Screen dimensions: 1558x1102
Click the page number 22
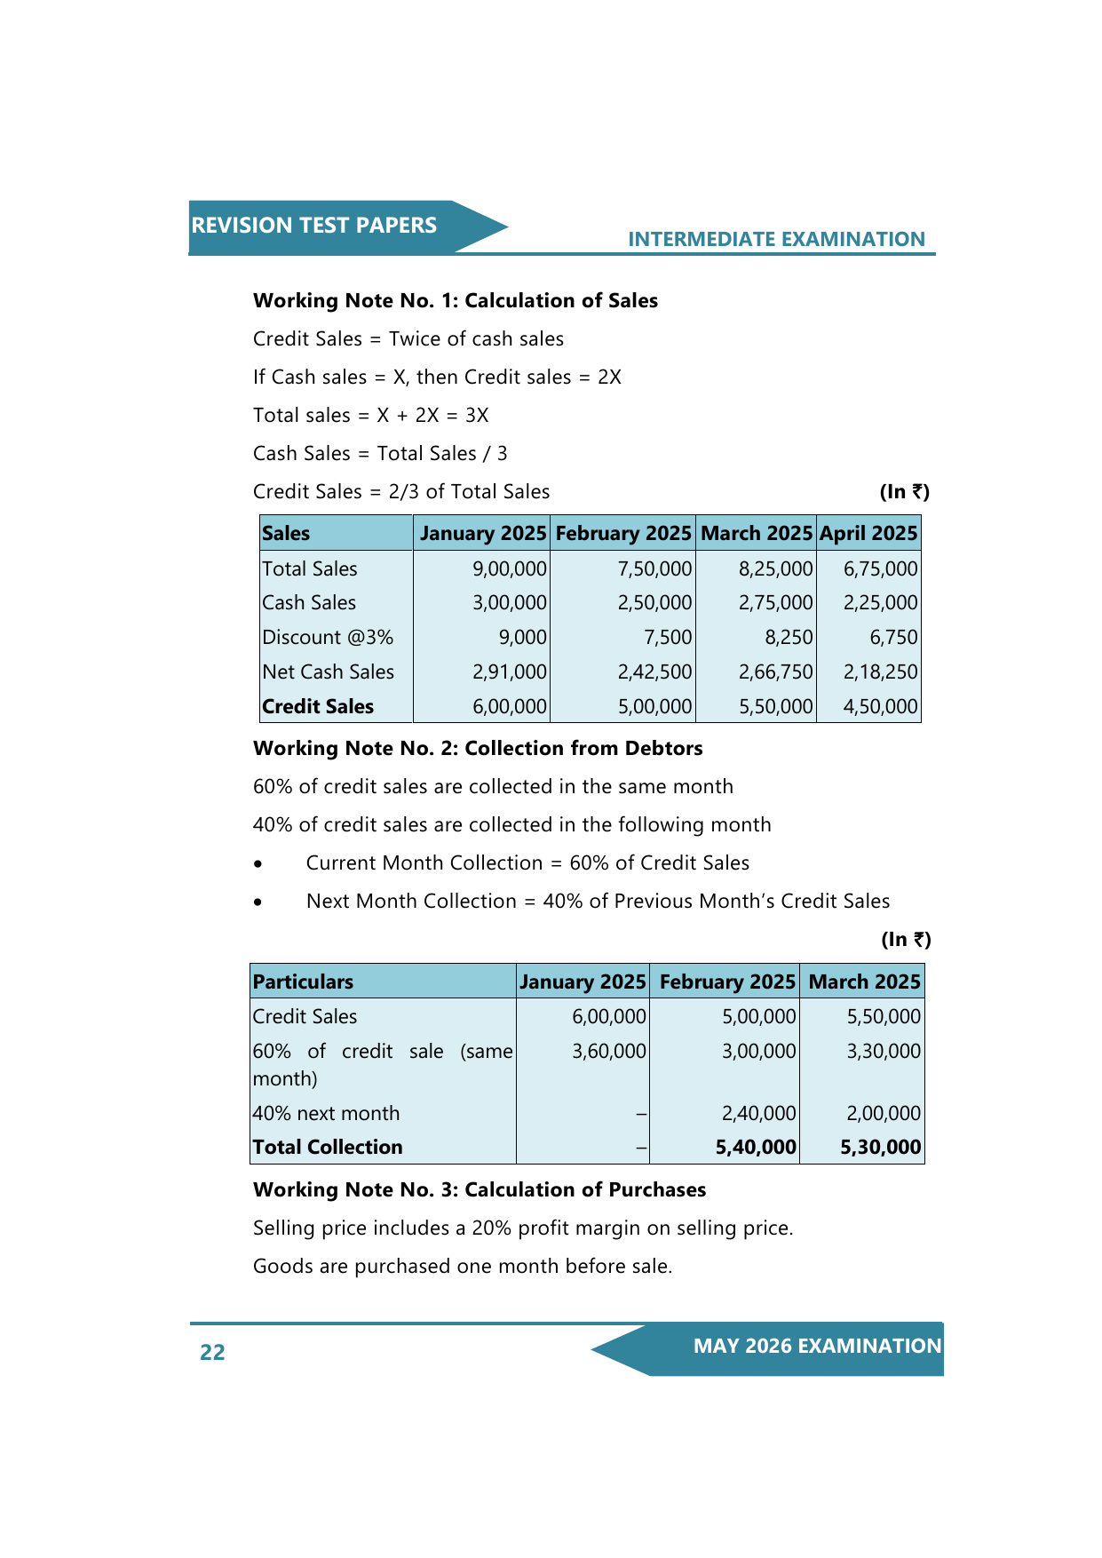click(x=212, y=1352)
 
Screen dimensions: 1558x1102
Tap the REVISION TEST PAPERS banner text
click(x=313, y=226)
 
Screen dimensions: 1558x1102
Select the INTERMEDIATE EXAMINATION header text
click(x=776, y=239)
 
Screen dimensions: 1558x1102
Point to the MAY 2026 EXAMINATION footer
click(x=817, y=1346)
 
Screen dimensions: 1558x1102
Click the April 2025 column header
click(x=868, y=533)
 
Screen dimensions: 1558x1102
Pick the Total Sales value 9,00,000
click(x=509, y=568)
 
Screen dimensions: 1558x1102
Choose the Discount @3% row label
click(x=328, y=637)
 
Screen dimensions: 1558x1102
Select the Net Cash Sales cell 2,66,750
click(x=775, y=672)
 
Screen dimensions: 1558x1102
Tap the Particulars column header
click(x=303, y=982)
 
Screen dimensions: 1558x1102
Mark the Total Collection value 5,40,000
click(x=756, y=1147)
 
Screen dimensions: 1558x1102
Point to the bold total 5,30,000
click(x=880, y=1147)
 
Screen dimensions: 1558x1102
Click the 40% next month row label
click(x=326, y=1113)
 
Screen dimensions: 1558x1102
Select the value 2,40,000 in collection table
click(x=758, y=1113)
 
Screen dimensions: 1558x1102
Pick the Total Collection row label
click(x=328, y=1147)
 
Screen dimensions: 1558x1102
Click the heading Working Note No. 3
click(x=480, y=1189)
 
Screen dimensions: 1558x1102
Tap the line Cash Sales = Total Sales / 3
click(x=380, y=453)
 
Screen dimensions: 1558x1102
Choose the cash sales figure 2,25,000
click(x=880, y=602)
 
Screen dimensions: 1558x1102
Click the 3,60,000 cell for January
click(x=608, y=1051)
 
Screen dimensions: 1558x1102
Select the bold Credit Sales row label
click(x=318, y=706)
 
